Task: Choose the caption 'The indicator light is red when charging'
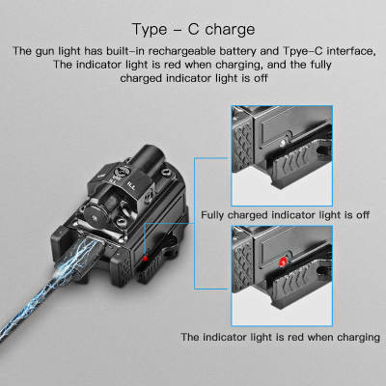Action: (280, 337)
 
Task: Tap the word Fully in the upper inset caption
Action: (214, 214)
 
